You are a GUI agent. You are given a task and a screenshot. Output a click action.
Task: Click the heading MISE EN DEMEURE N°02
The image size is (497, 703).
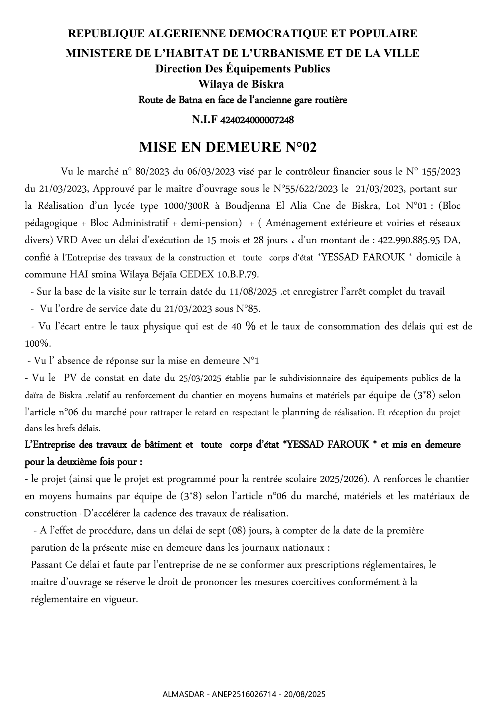227,147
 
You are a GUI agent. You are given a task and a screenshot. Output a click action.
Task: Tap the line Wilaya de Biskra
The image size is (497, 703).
241,84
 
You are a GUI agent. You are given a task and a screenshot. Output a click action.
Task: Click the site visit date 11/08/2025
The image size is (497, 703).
254,291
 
